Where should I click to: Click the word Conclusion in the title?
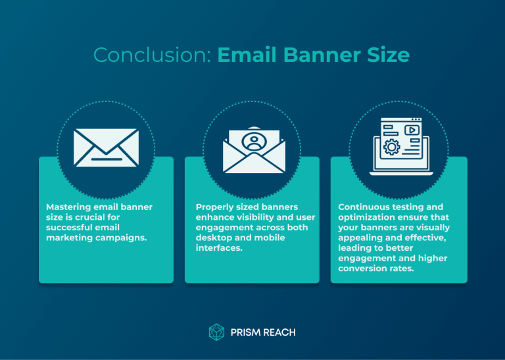(x=152, y=55)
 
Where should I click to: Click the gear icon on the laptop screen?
(x=392, y=146)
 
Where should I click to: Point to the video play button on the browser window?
(x=412, y=130)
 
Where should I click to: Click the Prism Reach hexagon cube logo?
(x=216, y=332)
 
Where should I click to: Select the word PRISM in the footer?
(x=246, y=332)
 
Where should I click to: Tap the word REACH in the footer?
(x=279, y=332)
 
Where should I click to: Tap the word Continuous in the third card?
(x=363, y=207)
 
